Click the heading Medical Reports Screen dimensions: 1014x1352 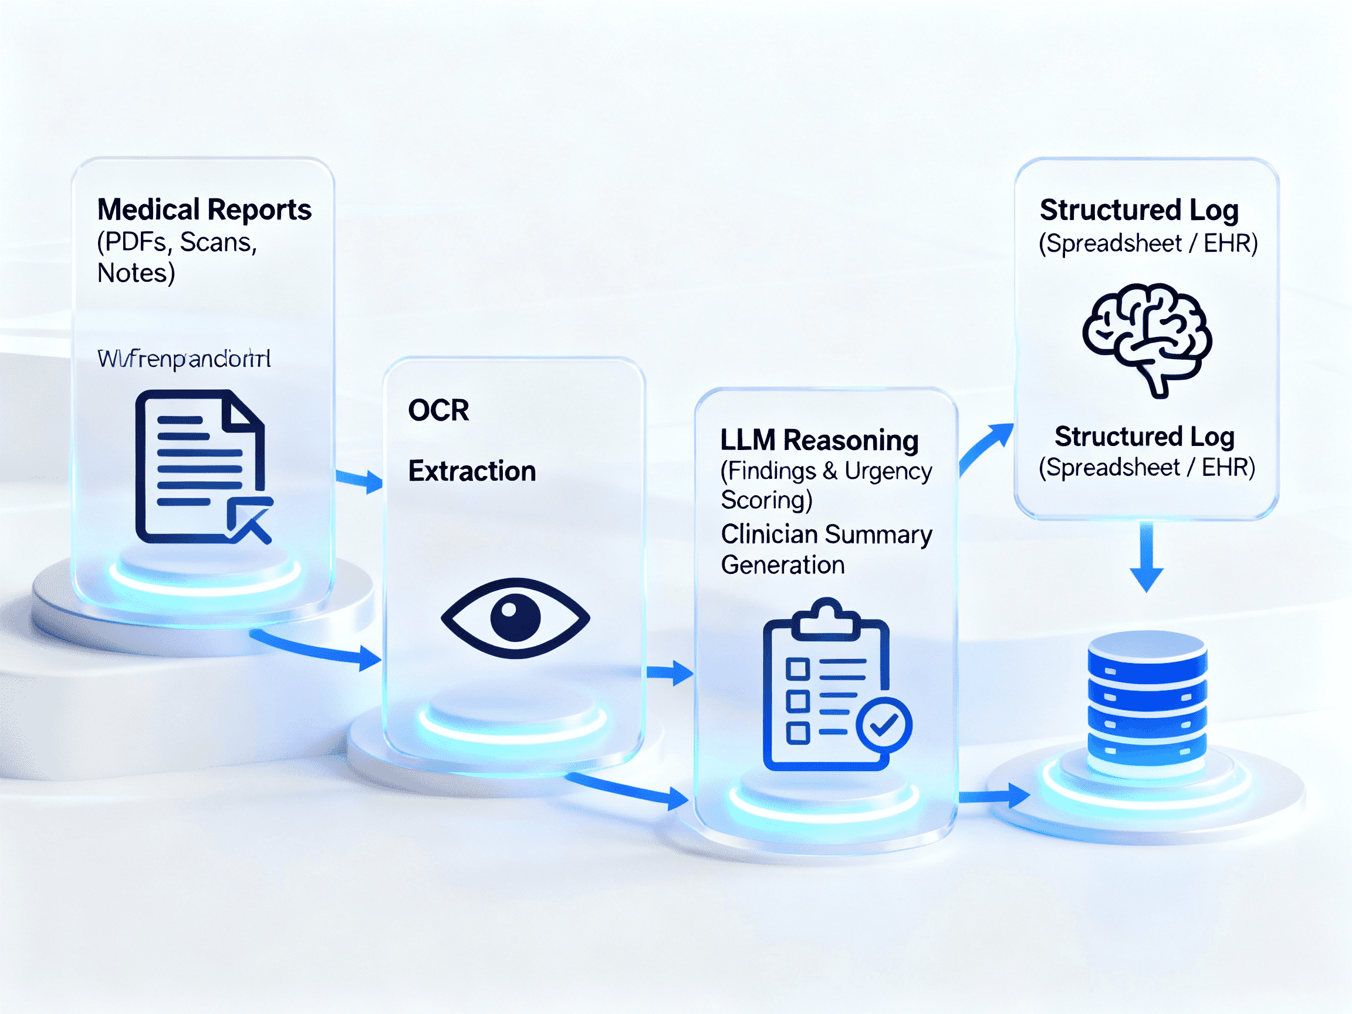[204, 209]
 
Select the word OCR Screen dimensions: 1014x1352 [438, 410]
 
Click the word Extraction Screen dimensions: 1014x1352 [472, 471]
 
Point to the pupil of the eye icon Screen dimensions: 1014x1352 [515, 618]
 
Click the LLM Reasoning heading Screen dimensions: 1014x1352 [819, 440]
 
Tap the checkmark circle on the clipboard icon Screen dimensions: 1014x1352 [884, 725]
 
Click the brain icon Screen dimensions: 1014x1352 [1147, 338]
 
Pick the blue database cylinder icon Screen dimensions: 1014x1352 [1147, 704]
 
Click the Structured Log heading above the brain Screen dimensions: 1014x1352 [1140, 210]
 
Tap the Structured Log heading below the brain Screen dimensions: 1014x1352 [1144, 437]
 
